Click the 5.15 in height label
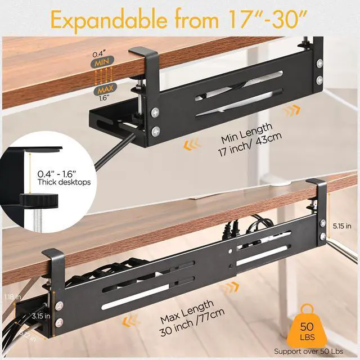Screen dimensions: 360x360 pos(341,226)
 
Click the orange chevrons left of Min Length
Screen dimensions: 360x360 pos(192,145)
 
